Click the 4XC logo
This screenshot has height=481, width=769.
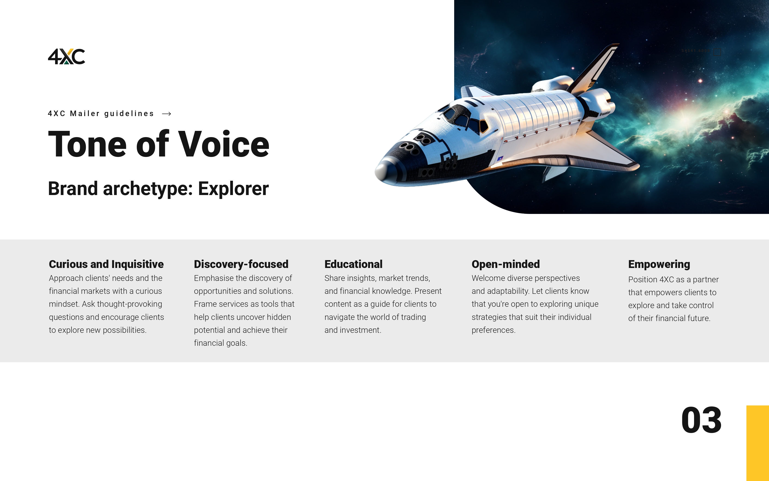[66, 56]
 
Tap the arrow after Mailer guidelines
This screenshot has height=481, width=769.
[167, 114]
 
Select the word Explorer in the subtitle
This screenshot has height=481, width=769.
[233, 189]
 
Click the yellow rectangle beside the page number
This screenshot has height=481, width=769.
[757, 443]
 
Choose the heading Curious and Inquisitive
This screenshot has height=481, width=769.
[106, 264]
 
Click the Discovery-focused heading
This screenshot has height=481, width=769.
[241, 264]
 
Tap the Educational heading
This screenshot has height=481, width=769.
[353, 264]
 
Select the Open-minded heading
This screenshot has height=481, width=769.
[505, 264]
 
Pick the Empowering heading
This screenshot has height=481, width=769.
[659, 264]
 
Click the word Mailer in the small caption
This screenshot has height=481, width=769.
[85, 114]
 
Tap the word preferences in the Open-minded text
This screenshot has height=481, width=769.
[493, 330]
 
